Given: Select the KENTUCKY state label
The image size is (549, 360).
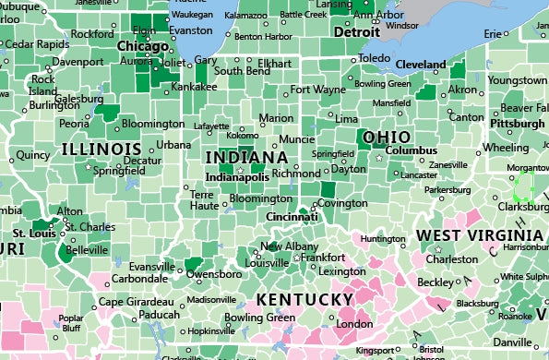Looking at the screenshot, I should click(x=304, y=300).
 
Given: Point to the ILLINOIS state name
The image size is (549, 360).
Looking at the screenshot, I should click(x=101, y=149).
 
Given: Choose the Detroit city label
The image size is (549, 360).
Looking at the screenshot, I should click(x=356, y=31).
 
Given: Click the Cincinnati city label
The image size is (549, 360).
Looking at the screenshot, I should click(x=292, y=217).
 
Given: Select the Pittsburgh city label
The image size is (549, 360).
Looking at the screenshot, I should click(x=517, y=123).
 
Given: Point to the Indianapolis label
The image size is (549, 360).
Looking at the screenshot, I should click(x=237, y=176).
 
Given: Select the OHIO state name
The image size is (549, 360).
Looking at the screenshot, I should click(x=387, y=138).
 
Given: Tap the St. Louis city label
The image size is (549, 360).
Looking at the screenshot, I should click(x=31, y=234).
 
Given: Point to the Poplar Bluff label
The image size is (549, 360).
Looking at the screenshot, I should click(x=70, y=323).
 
